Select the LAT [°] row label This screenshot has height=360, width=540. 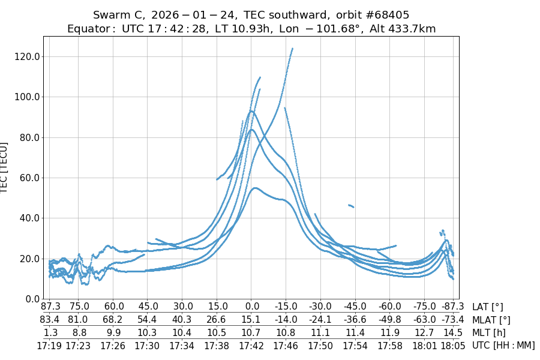[x=488, y=307]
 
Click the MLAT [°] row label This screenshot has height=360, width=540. [x=491, y=320]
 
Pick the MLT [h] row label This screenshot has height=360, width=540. [x=488, y=332]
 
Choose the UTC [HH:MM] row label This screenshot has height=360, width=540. [x=503, y=345]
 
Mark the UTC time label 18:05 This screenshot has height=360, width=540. [x=453, y=345]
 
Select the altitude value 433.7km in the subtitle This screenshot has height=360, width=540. [x=411, y=29]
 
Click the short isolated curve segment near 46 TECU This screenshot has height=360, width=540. [x=351, y=206]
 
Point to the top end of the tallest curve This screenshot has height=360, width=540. [x=292, y=49]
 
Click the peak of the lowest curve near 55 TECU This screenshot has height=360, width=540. [x=256, y=188]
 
